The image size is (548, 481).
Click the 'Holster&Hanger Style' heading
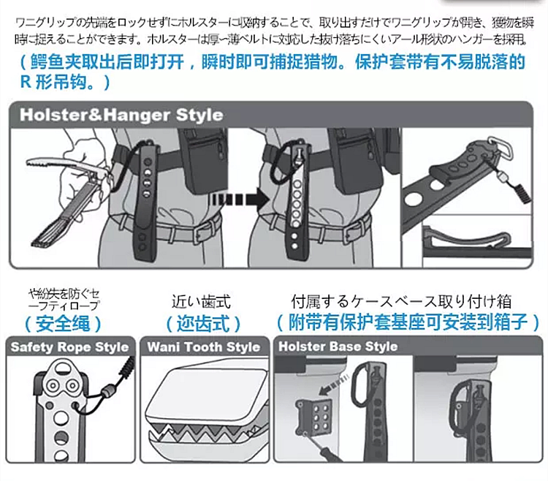pos(121,115)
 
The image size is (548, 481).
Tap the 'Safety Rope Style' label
pos(69,346)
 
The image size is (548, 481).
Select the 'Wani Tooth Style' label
pos(204,346)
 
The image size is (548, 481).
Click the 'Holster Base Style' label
pos(338,346)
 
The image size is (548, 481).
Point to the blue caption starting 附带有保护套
pos(408,322)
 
